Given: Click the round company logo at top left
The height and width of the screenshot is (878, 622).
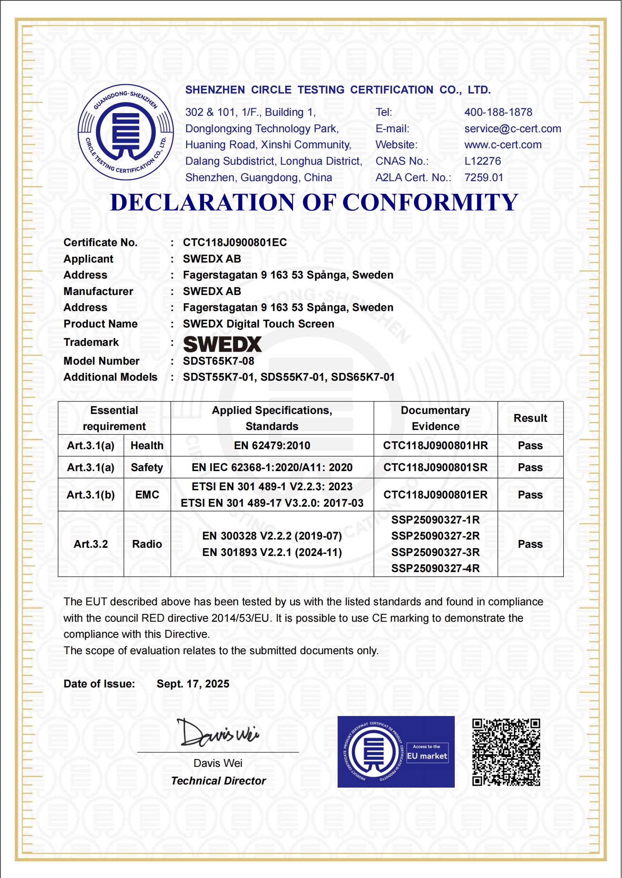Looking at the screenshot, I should [126, 132].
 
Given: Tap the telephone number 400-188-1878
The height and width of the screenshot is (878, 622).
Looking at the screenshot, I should [498, 112].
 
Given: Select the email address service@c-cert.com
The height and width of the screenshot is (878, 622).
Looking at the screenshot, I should [512, 129].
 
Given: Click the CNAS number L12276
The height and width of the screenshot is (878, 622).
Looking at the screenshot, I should [483, 161].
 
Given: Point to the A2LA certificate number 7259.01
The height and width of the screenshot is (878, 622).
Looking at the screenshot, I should [484, 178].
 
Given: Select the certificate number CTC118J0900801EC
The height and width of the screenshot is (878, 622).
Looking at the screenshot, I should [235, 243].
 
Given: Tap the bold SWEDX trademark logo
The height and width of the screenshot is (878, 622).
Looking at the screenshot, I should [222, 344].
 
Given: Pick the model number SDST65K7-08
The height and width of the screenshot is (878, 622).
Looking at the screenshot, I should [219, 361].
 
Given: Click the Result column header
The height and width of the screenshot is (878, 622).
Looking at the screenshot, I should [530, 418].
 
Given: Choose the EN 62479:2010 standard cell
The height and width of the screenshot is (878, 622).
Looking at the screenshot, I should [272, 446].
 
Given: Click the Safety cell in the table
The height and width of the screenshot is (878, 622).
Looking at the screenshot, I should [147, 468].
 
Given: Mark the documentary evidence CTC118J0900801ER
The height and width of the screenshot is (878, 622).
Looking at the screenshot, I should [435, 495].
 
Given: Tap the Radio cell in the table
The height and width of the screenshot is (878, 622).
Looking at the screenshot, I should [147, 544].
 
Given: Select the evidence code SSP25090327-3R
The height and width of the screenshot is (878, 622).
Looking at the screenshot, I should [435, 552].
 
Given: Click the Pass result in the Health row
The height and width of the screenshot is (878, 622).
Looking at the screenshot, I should [530, 446].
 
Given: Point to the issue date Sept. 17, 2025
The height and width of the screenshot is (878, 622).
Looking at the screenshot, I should [193, 684].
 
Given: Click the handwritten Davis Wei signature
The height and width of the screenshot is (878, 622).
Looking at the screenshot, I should [218, 733].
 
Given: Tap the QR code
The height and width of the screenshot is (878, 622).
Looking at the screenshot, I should [506, 752].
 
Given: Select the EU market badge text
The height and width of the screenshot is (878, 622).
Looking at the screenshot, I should [427, 756].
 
